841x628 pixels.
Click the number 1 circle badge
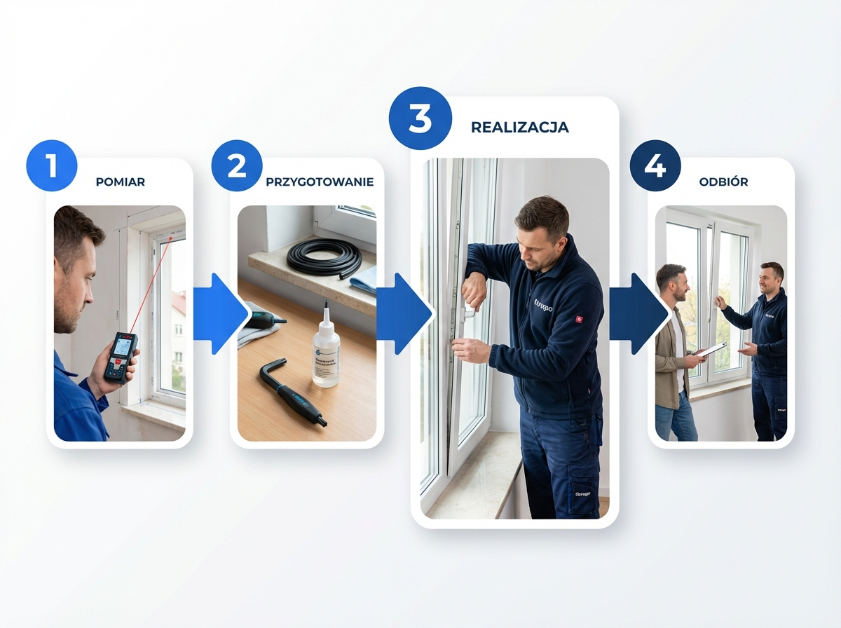51,166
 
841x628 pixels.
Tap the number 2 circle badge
237,166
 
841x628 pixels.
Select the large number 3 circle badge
420,118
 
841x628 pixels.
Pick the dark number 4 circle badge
655,166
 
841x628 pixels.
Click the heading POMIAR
121,182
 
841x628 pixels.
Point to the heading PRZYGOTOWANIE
320,182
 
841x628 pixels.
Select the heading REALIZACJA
519,128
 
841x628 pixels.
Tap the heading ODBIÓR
723,182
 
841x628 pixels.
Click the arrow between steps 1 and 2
219,314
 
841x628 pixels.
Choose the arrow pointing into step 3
404,314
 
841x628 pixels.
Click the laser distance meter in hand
121,356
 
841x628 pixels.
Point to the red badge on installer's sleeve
579,319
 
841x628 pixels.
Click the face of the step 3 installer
542,242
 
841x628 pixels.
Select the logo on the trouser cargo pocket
582,493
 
